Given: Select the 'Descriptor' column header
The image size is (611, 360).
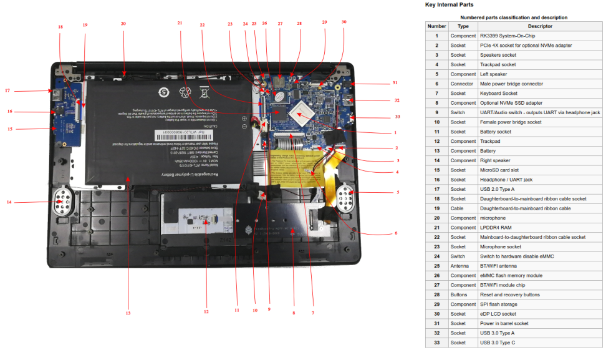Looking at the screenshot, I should pos(540,26).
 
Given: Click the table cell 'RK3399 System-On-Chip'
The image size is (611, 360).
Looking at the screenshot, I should pos(507,36).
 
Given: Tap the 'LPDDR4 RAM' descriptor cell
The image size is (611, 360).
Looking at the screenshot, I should pos(496,228).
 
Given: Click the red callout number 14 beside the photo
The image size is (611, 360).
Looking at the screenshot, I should pos(9,202).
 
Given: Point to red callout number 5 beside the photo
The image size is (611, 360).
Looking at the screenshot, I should pos(397,192).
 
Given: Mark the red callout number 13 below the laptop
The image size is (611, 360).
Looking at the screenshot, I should pos(128,313).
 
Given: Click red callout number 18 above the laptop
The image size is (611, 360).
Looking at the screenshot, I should pos(60,27).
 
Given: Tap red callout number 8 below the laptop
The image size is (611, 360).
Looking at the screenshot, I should pos(293,313).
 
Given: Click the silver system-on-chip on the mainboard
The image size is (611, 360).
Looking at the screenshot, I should pos(305,114).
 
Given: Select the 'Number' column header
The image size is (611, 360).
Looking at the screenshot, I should pos(436,26).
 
